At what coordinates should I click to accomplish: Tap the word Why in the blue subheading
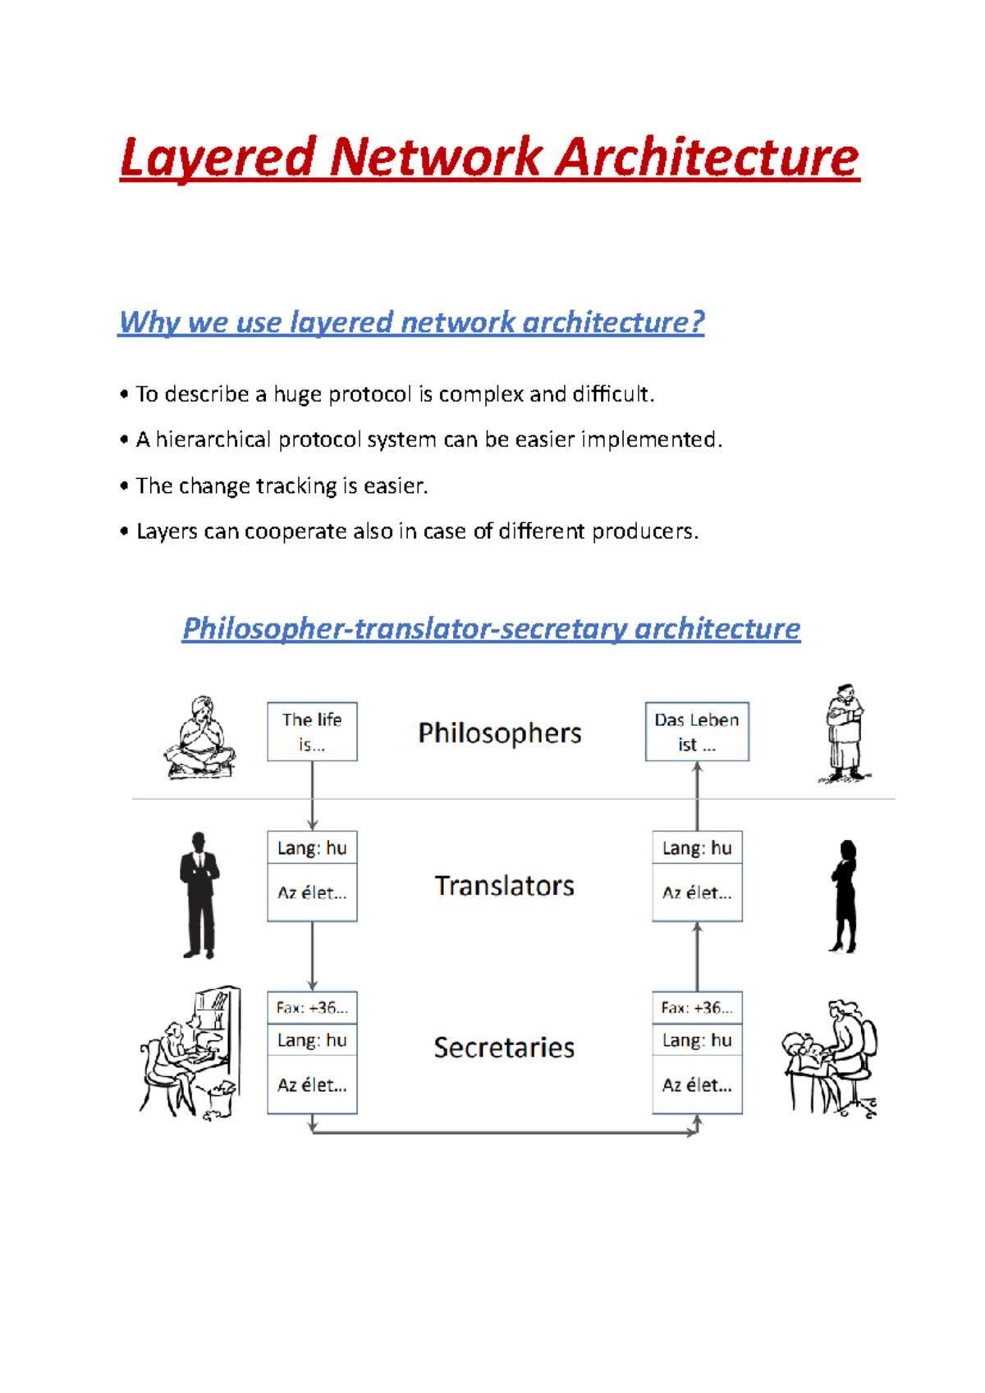(149, 322)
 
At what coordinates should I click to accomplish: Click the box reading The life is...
(312, 732)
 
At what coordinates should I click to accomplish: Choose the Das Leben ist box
(697, 732)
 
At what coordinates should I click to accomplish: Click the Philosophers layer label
(499, 733)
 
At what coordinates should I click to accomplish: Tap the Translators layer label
(504, 886)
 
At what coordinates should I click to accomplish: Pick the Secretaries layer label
(504, 1048)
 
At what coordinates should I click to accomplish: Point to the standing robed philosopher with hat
(844, 733)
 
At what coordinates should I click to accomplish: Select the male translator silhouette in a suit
(199, 896)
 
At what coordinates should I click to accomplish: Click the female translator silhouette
(844, 897)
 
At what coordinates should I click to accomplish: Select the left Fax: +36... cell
(312, 1007)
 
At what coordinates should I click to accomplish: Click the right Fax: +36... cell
(697, 1007)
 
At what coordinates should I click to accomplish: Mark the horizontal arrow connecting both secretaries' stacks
(504, 1133)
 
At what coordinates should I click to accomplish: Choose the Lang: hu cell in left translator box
(312, 847)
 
